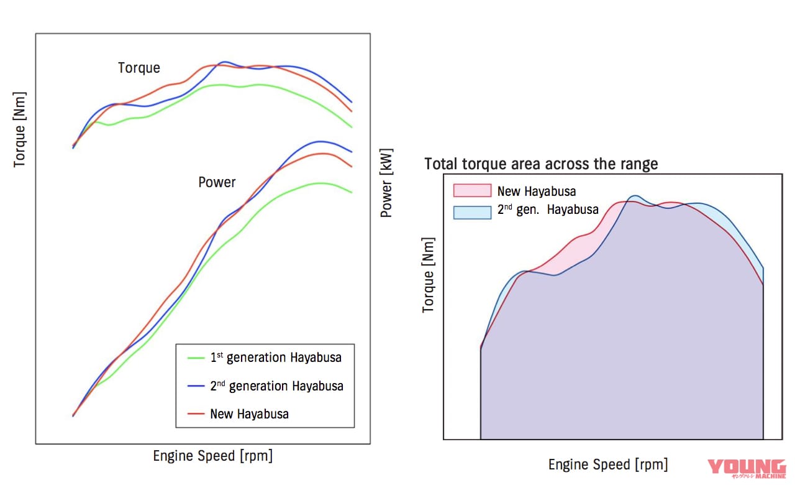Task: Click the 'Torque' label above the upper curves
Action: [x=139, y=68]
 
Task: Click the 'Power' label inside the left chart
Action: [x=217, y=182]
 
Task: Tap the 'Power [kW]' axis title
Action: [x=386, y=184]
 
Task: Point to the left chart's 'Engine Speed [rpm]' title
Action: [x=212, y=456]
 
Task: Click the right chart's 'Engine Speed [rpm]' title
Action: [x=608, y=464]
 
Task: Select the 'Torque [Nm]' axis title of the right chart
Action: [x=428, y=275]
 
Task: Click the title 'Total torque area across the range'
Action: [x=541, y=164]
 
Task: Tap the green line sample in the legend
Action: [x=196, y=358]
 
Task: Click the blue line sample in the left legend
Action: [x=196, y=386]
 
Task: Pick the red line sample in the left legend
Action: [x=196, y=413]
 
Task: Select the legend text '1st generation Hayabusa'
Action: [x=276, y=358]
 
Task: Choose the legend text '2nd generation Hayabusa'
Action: [x=276, y=386]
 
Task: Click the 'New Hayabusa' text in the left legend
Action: [x=249, y=413]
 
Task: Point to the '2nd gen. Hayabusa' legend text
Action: [x=548, y=210]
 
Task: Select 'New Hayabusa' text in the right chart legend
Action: [x=537, y=191]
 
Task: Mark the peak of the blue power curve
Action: [x=320, y=141]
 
